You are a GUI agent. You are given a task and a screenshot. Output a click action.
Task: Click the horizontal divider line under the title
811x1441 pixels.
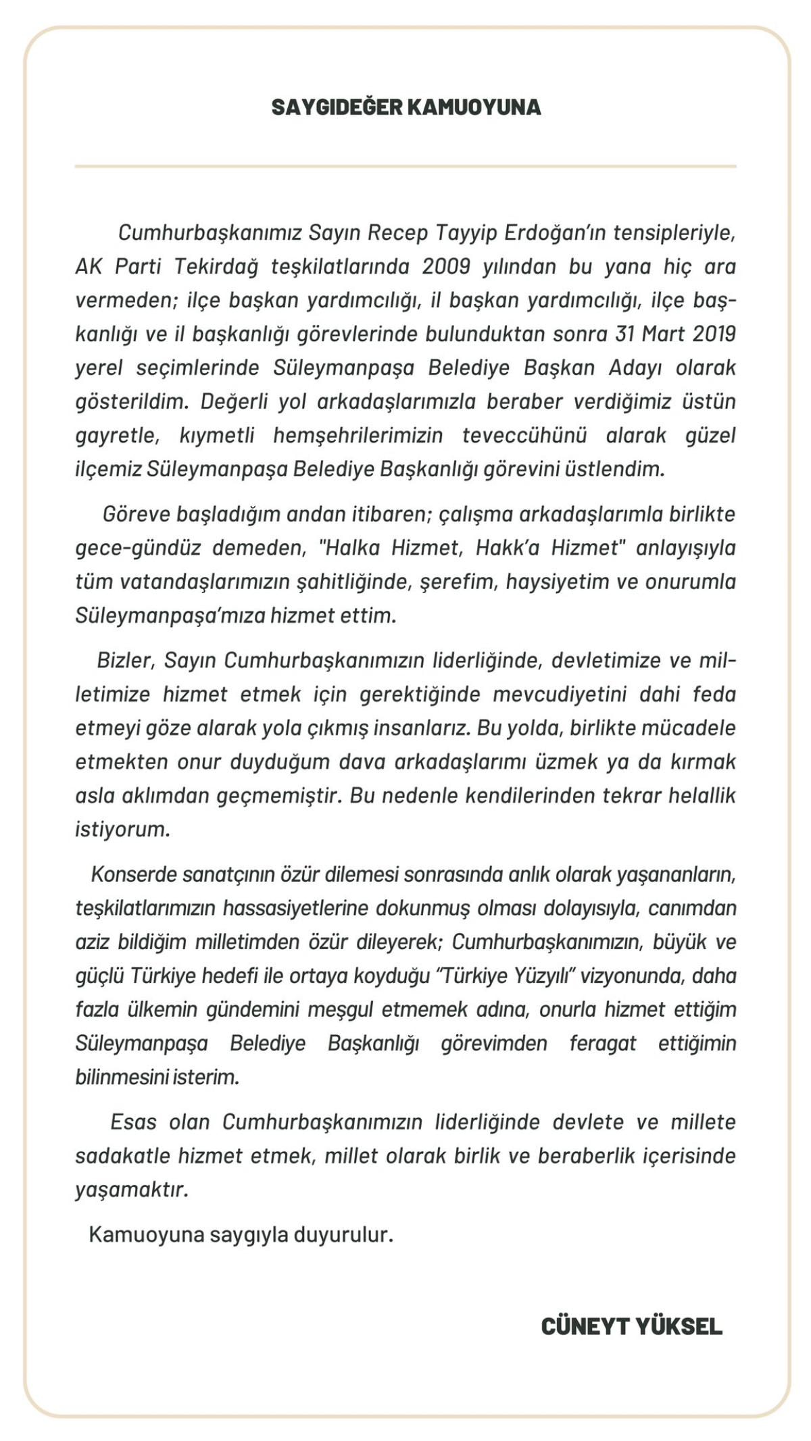tap(405, 166)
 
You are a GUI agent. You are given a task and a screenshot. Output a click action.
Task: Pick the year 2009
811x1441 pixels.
tap(446, 267)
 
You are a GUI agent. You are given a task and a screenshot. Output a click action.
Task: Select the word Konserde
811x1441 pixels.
tap(133, 875)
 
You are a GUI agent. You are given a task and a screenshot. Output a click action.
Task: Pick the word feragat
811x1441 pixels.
tap(603, 1044)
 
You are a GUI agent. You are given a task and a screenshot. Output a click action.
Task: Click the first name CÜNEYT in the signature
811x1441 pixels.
tap(585, 1326)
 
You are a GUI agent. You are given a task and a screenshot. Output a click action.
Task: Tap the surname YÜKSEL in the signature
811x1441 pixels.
tap(679, 1326)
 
